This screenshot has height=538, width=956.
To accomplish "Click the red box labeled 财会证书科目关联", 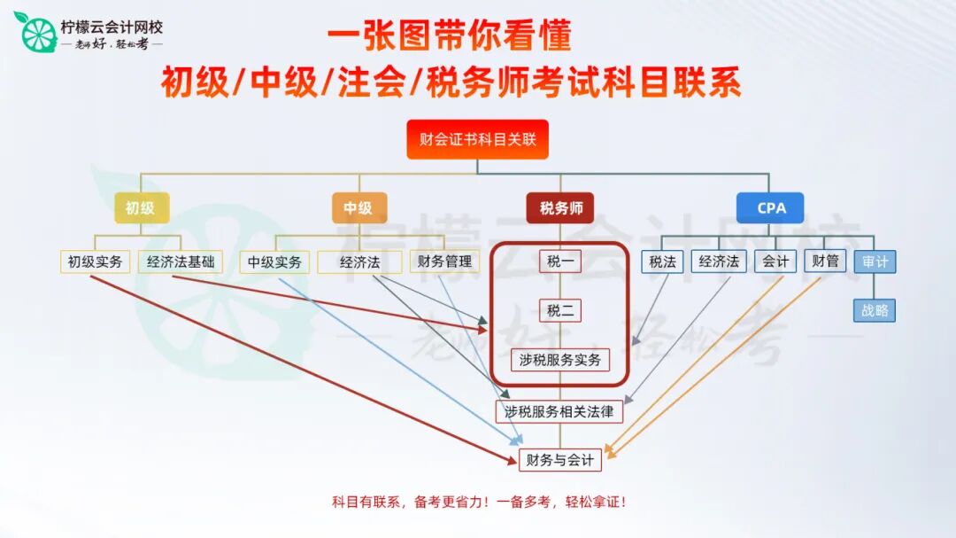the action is [x=477, y=139].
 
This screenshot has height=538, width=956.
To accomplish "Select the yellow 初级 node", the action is [x=140, y=208].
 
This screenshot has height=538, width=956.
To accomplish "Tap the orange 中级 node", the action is [x=358, y=208].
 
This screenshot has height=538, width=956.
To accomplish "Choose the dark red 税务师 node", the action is [x=561, y=208].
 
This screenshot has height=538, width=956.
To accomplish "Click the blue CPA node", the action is [x=771, y=208].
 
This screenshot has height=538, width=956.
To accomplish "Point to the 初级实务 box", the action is [x=95, y=261].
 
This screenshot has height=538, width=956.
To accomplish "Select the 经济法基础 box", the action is [x=181, y=261].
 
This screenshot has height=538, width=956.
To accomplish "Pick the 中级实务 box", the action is [x=274, y=261].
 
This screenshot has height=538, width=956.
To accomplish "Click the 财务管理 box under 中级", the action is [x=444, y=261].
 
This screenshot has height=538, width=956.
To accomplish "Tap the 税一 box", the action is [x=560, y=261].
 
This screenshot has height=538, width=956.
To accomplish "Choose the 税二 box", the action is [x=560, y=310].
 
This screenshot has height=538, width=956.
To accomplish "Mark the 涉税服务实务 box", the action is [x=560, y=360].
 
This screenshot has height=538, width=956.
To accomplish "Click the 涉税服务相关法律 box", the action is [x=559, y=411].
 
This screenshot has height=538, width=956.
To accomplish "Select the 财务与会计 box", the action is [x=559, y=459].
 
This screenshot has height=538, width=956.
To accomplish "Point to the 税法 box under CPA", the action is [x=663, y=261].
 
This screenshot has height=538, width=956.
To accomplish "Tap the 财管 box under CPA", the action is [x=825, y=261].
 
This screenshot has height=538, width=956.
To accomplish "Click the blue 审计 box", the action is [x=875, y=261].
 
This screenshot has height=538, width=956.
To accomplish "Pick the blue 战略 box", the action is [x=875, y=310].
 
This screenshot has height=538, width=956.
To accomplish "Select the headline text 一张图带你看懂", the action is [x=450, y=35].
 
